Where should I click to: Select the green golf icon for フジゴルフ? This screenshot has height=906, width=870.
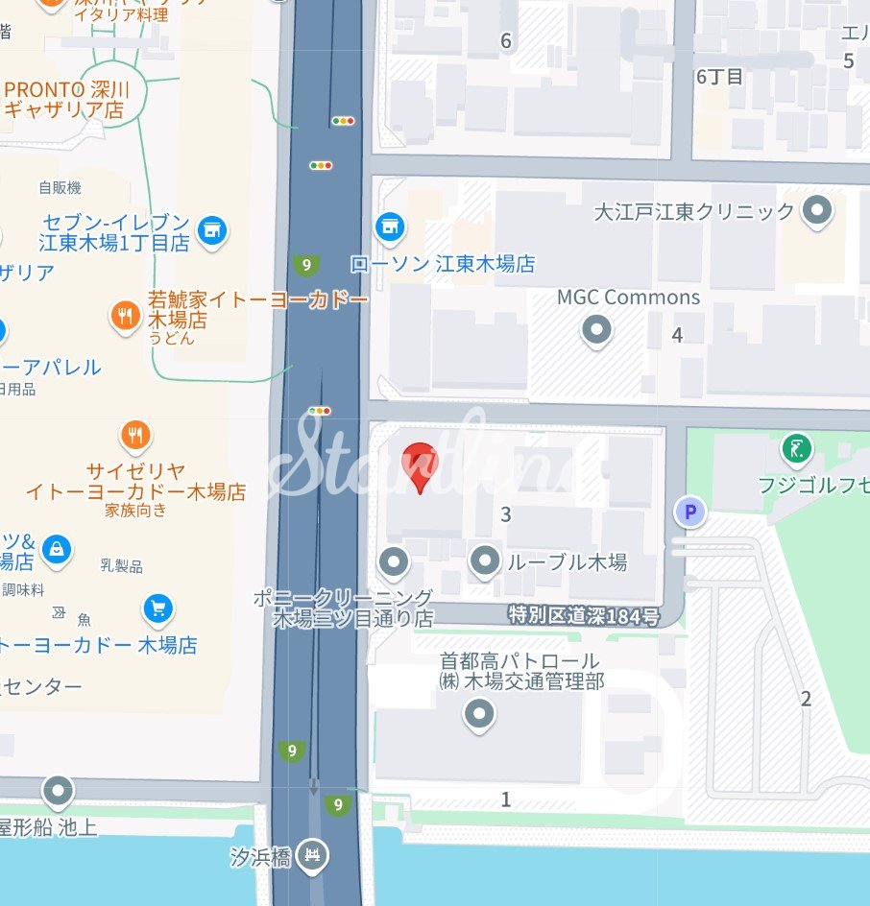click(x=796, y=447)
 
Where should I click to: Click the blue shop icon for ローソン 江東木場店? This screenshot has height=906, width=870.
click(x=389, y=227)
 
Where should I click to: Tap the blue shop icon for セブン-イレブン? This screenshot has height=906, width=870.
click(x=211, y=230)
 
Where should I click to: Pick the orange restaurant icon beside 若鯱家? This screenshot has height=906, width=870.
click(x=125, y=315)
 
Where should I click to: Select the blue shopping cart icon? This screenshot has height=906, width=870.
click(x=157, y=608)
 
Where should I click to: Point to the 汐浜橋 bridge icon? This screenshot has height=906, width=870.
click(x=311, y=854)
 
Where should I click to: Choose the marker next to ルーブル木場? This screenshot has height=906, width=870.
click(x=486, y=560)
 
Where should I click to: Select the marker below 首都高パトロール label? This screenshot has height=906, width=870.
click(x=478, y=714)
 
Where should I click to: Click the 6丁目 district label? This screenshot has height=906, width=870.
click(x=719, y=77)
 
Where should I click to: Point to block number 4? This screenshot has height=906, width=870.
click(x=677, y=335)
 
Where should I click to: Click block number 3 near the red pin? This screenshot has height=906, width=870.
click(x=506, y=515)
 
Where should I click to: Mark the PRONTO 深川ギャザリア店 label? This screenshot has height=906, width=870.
click(x=64, y=100)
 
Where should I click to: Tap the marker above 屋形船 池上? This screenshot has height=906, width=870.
click(x=59, y=792)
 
